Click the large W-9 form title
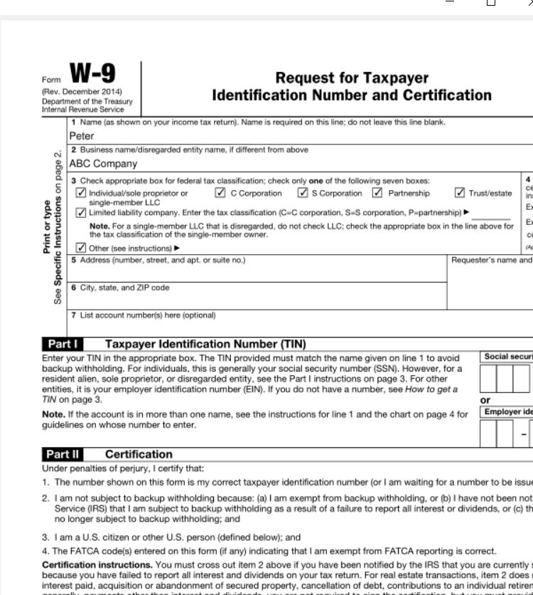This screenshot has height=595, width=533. click(x=92, y=74)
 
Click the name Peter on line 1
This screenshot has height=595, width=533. click(x=82, y=136)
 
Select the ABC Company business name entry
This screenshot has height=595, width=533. click(x=103, y=164)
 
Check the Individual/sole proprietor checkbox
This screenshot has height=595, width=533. click(x=81, y=193)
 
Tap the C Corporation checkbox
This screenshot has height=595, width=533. click(x=220, y=193)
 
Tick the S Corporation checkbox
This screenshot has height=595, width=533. click(x=303, y=193)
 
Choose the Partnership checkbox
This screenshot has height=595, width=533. click(x=377, y=193)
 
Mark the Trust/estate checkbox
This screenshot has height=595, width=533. click(x=460, y=193)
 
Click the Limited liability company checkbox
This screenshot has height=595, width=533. click(x=81, y=213)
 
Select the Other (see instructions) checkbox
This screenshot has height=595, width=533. click(x=81, y=248)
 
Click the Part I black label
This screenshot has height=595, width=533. click(x=63, y=344)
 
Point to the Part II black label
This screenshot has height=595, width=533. click(x=64, y=454)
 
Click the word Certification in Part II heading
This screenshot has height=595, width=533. click(x=139, y=454)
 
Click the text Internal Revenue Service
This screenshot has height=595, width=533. click(x=82, y=110)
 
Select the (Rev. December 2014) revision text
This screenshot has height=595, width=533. click(x=82, y=92)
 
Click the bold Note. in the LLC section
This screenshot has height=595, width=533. click(x=99, y=226)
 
